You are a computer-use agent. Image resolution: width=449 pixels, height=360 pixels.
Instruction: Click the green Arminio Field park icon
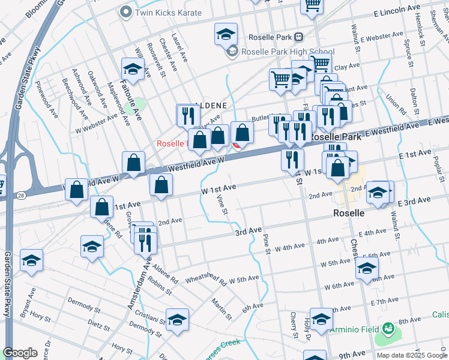388,329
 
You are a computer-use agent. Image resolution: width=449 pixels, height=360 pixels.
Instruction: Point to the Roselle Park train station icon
298,37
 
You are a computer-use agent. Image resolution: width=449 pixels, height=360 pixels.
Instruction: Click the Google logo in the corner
20,353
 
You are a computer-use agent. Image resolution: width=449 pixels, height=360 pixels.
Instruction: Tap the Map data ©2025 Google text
412,355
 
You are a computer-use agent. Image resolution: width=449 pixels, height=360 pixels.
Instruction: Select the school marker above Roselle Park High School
226,34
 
